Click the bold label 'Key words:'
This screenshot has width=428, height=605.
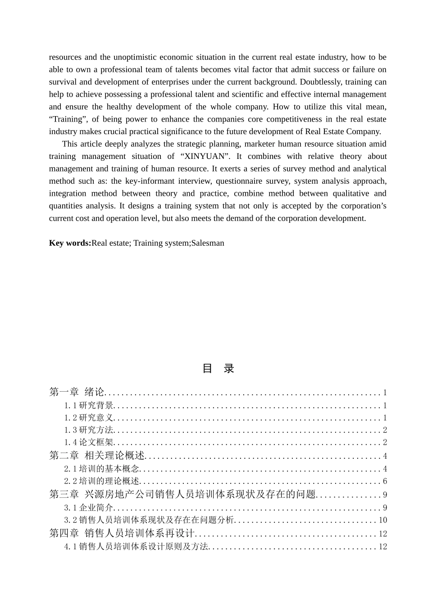coord(70,243)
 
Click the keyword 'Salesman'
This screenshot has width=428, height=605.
coord(208,243)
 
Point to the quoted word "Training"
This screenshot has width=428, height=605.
coord(68,119)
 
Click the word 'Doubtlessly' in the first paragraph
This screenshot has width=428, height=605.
coord(321,82)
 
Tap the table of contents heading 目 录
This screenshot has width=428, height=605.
coord(218,369)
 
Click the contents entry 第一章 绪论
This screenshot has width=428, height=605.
coord(77,392)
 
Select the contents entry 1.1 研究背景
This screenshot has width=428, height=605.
coord(89,406)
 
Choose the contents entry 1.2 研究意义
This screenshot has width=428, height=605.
coord(89,418)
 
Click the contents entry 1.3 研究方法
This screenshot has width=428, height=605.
coord(89,430)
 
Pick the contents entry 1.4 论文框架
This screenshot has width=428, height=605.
coord(89,442)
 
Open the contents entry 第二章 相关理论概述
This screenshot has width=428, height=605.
coord(97,456)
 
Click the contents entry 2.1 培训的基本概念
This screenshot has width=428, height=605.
coord(102,469)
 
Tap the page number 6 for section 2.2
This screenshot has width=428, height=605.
coord(385,481)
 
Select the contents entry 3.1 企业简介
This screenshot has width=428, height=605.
coord(89,508)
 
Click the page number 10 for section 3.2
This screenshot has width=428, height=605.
coord(382,520)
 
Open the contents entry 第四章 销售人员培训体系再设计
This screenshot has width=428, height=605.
coord(122,533)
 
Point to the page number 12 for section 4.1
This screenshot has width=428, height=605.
coord(382,546)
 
